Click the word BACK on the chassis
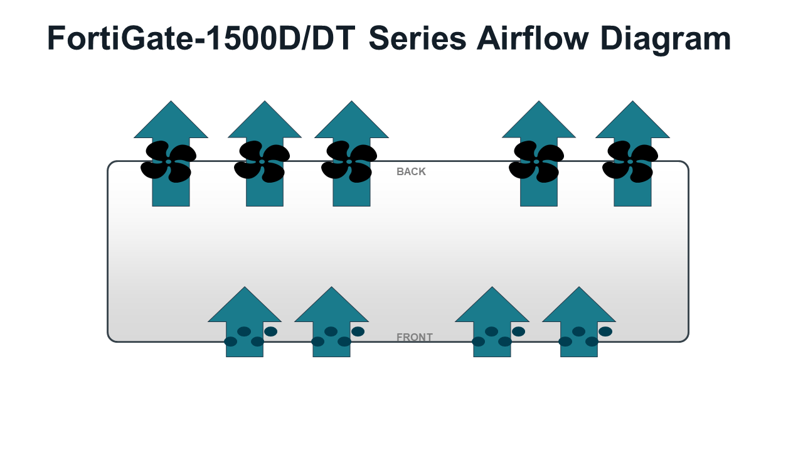click(411, 171)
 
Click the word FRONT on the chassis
click(415, 337)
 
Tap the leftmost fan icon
click(169, 161)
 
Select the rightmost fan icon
click(630, 161)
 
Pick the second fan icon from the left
click(262, 161)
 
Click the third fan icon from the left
click(349, 161)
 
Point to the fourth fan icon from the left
click(536, 161)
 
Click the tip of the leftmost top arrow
click(171, 101)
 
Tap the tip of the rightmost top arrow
click(633, 101)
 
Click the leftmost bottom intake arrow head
click(245, 305)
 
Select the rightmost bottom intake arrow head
click(579, 305)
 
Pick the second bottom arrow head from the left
click(332, 305)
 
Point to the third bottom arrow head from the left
click(492, 305)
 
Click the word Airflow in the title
click(533, 38)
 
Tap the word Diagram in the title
click(666, 40)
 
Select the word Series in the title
click(418, 38)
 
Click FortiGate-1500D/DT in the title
click(201, 38)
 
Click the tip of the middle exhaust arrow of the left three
click(265, 101)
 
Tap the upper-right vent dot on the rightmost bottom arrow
click(605, 331)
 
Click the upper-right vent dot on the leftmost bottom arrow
click(270, 331)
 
